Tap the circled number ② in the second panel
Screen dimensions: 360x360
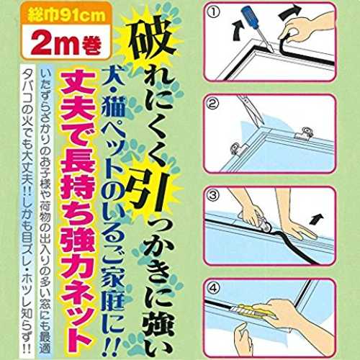click(214, 104)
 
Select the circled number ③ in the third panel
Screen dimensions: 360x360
click(213, 196)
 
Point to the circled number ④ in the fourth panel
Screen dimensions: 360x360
click(214, 288)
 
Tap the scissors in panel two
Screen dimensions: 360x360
click(251, 110)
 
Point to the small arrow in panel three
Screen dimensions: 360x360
click(318, 219)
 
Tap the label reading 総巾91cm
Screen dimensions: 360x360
click(66, 15)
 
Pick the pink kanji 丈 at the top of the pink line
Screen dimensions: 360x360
click(77, 82)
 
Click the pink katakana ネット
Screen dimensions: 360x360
click(77, 309)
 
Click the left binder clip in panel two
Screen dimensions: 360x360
click(238, 149)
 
